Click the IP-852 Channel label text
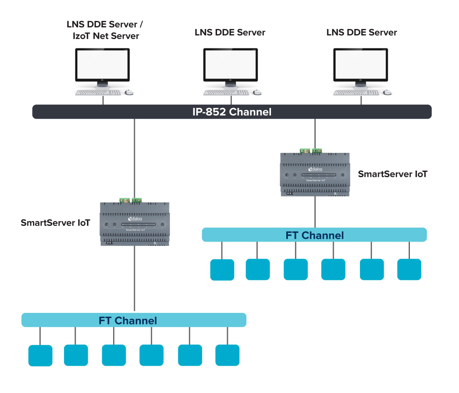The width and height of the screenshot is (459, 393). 232,112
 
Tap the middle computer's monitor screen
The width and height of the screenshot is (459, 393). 230,65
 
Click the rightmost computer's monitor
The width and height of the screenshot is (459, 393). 361,65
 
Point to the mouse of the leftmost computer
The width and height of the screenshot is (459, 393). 129,93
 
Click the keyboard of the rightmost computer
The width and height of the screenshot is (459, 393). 356,93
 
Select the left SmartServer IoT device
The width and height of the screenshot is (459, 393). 134,224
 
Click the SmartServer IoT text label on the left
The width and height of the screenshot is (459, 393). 56,223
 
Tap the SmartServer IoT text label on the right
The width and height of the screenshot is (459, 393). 393,174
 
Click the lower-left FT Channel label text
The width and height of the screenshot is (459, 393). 128,321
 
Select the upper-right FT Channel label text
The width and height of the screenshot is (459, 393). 314,235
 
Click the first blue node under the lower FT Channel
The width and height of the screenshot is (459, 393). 40,355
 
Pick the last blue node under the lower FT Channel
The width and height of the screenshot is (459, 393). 227,355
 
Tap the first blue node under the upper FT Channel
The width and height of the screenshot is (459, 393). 222,269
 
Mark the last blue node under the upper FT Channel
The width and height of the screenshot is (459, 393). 409,269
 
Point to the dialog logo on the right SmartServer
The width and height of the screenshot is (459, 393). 315,170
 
